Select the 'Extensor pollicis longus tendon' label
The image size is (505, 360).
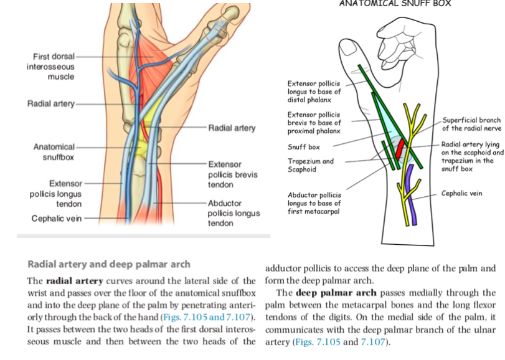point(55,194)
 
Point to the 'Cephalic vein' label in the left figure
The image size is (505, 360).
point(55,219)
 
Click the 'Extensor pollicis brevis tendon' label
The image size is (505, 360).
point(229,174)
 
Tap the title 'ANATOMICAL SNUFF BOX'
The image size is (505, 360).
point(395,3)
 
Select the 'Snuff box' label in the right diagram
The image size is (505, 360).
point(304,148)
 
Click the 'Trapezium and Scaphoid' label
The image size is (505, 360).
point(310,165)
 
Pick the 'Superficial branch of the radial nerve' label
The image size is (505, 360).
point(471,124)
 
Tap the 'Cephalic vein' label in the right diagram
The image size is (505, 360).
point(461,194)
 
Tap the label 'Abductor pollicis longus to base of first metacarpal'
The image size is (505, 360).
point(314,203)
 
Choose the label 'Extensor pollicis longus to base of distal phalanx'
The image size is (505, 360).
point(313,92)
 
